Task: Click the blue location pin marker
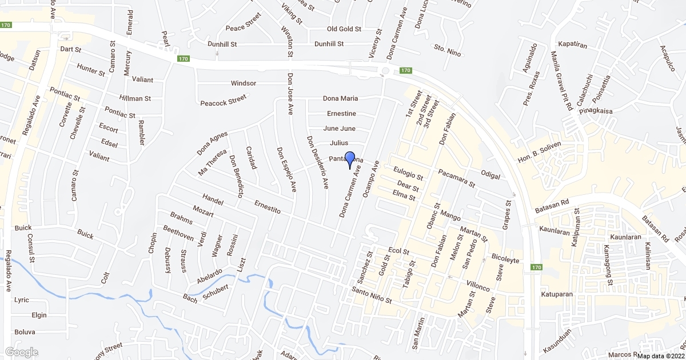coord(350,159)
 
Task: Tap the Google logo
coord(22,352)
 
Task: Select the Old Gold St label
coord(344,29)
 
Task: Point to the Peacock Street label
coord(223,103)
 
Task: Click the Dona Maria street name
coord(340,98)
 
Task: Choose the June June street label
coord(340,129)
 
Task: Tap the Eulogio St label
coord(408,174)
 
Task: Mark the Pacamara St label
coord(457,178)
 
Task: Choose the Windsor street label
coord(244,83)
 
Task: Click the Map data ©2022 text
coord(660,355)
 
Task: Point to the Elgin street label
coord(39,315)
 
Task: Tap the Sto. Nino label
coord(447,47)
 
